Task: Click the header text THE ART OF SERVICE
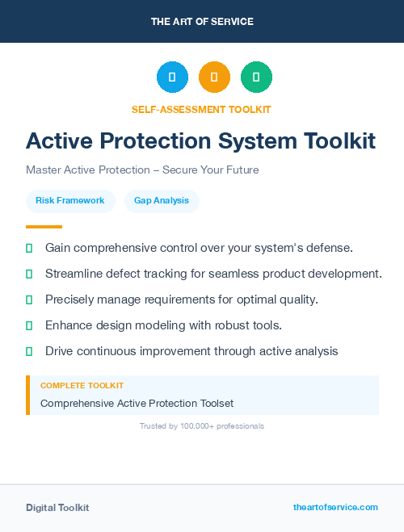202,22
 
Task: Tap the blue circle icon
172,77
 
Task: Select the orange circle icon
214,77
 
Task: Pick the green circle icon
256,77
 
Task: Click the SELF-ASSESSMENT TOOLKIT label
201,109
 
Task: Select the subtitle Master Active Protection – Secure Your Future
142,170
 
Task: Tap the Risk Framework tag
70,200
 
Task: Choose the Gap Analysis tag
162,200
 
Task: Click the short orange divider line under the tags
44,227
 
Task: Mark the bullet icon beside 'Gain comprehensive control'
29,248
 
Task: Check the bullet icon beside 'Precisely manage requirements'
29,300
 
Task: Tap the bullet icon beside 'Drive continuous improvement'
29,351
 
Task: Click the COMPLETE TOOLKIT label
82,386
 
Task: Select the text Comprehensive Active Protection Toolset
137,403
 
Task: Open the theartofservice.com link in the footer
335,507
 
